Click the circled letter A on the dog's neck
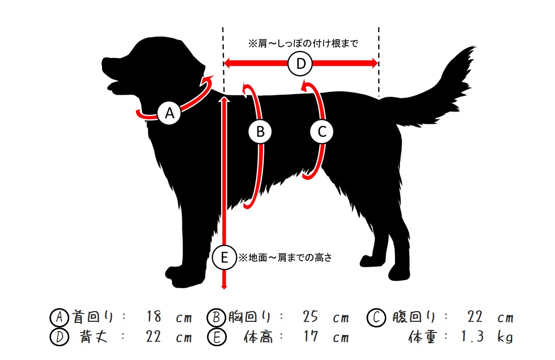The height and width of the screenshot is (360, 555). [x=170, y=113]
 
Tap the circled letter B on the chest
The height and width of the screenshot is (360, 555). [x=260, y=131]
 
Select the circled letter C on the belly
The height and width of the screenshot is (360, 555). [x=322, y=131]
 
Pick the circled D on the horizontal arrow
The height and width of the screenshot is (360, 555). [x=300, y=64]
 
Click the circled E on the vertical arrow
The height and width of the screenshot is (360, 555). [x=224, y=258]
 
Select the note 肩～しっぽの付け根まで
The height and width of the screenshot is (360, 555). [x=303, y=43]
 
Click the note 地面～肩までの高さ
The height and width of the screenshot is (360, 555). [x=285, y=258]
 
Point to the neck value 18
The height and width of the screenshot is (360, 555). [x=154, y=317]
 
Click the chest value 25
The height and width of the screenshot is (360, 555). [x=310, y=317]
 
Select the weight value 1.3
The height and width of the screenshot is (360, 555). [x=472, y=336]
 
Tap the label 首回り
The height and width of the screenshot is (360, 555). [x=93, y=317]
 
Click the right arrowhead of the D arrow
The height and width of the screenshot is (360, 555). [x=375, y=64]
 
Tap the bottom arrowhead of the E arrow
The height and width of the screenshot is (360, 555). [x=224, y=285]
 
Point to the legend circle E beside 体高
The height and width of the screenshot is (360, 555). [x=217, y=337]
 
